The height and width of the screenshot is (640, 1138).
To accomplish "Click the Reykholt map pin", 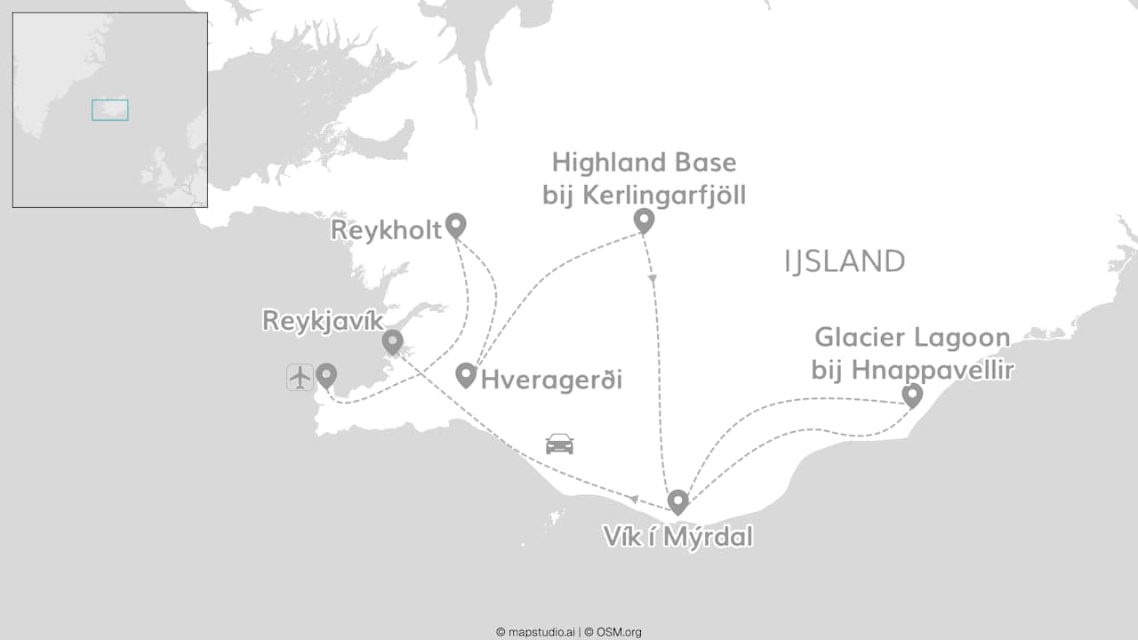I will (x=455, y=225).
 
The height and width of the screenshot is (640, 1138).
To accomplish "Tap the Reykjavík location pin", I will (x=392, y=341).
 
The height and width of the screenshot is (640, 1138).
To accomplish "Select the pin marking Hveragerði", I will (x=466, y=375).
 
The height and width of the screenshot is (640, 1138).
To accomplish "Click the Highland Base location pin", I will (x=644, y=220).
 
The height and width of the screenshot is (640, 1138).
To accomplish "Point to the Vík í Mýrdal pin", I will (x=677, y=501).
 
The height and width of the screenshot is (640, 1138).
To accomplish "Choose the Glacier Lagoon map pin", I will (x=912, y=395).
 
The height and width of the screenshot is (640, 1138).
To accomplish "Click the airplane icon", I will (x=301, y=377).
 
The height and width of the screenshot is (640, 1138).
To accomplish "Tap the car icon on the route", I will (x=559, y=443).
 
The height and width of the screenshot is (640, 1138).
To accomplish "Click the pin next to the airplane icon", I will (x=326, y=375).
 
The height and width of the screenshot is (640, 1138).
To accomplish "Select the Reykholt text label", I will (x=386, y=231).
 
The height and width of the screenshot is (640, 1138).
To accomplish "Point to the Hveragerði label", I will (x=551, y=380).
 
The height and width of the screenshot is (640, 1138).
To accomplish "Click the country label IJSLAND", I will (x=845, y=261).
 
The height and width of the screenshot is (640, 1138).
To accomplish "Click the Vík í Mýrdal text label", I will (x=677, y=537).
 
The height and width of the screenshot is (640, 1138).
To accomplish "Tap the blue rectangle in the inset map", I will (x=109, y=109).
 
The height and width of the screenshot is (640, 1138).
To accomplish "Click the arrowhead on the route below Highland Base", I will (x=653, y=278).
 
